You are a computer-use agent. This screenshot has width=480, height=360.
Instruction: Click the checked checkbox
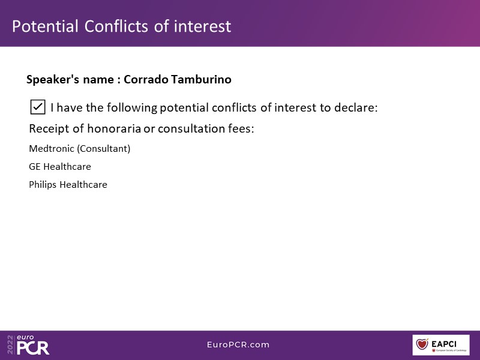(38, 107)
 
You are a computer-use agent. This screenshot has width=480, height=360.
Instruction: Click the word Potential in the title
(45, 26)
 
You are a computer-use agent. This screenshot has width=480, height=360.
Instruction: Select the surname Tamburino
(201, 79)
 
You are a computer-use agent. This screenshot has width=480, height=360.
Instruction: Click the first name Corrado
(146, 79)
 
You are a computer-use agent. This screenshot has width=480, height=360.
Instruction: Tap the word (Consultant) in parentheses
(103, 149)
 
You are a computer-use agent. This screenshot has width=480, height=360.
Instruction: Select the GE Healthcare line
(60, 167)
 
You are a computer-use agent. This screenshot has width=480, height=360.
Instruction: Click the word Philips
(43, 185)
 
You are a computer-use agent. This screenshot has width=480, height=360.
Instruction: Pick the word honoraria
(114, 128)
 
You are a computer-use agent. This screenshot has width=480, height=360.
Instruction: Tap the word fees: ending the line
(241, 128)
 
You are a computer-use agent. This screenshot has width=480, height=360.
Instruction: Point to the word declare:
(356, 107)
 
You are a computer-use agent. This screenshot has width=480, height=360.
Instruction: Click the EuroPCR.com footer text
(238, 344)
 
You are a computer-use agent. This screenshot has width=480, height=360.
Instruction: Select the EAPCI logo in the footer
(441, 345)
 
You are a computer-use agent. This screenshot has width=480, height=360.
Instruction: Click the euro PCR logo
(33, 345)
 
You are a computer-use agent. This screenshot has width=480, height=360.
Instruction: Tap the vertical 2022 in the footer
(11, 344)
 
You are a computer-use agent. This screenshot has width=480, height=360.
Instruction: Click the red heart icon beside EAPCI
(422, 344)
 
